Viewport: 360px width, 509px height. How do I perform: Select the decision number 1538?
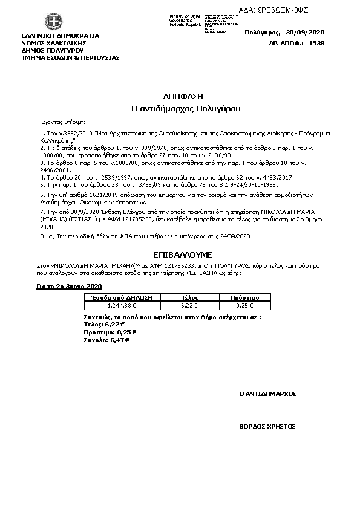[316, 43]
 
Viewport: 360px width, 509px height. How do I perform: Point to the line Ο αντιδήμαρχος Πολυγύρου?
[186, 109]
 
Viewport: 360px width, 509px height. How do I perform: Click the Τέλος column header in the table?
[191, 298]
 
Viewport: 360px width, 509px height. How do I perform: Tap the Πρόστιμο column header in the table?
[245, 298]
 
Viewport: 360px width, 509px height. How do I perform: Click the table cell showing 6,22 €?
[191, 306]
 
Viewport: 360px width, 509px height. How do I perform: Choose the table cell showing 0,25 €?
[245, 306]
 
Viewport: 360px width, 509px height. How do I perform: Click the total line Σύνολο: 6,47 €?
[106, 340]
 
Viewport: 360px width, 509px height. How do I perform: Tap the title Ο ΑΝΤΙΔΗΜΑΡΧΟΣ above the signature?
[267, 394]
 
